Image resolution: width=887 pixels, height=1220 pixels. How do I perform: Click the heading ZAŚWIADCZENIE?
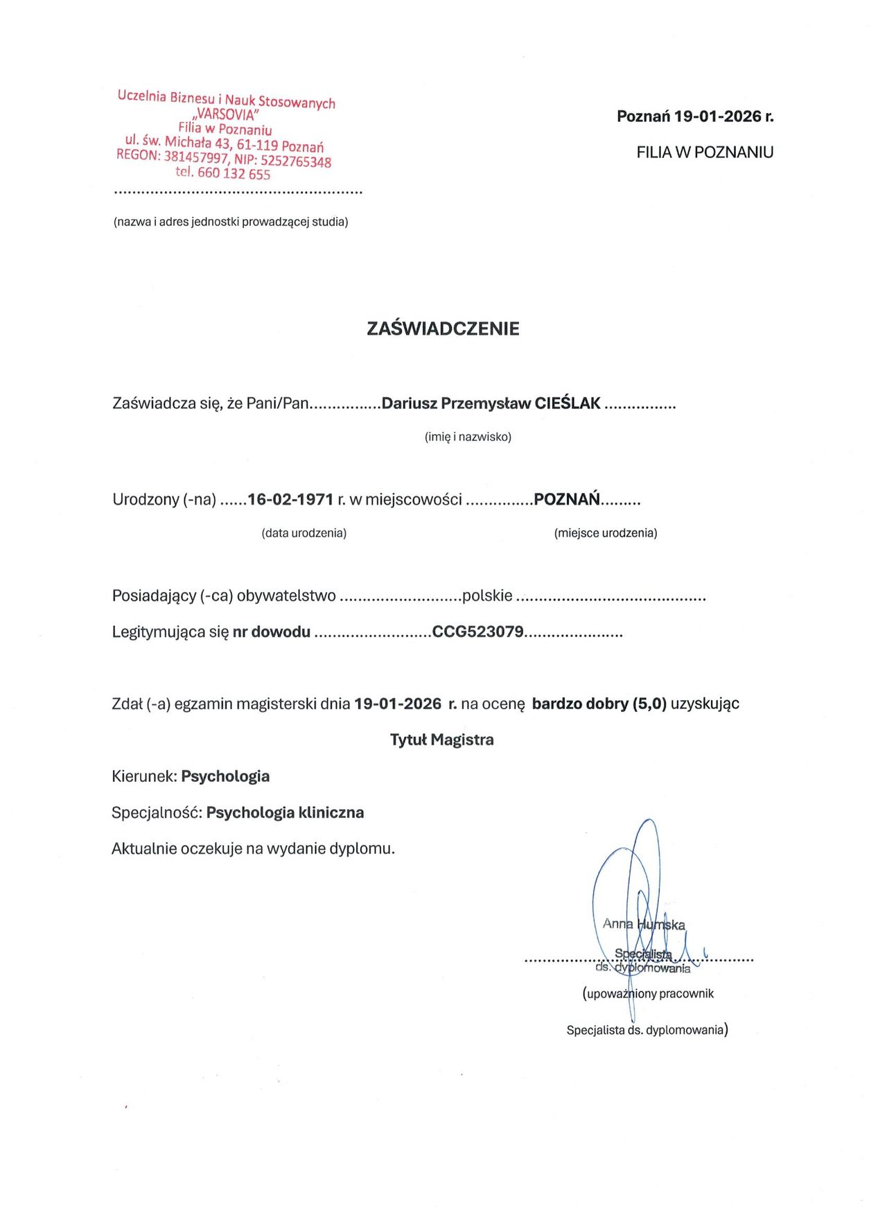(x=443, y=329)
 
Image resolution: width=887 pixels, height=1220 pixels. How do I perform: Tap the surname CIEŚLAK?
(x=568, y=403)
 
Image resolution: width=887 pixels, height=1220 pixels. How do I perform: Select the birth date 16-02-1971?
(x=290, y=499)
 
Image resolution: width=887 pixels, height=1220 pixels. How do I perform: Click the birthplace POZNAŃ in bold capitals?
(x=566, y=499)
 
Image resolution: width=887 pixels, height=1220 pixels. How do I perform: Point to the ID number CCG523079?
(x=477, y=631)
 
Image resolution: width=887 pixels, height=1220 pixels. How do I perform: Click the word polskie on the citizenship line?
(x=487, y=595)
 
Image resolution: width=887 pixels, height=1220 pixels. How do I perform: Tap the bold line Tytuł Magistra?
(x=442, y=740)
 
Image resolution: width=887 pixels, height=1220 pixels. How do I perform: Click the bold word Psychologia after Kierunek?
(x=225, y=776)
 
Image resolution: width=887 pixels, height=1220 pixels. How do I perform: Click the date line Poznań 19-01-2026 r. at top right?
(x=695, y=116)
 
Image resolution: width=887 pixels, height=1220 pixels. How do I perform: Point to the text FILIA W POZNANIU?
(x=705, y=152)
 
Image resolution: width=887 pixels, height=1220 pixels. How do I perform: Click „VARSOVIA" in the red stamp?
(x=227, y=114)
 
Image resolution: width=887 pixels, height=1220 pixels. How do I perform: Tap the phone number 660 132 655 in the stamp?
(x=234, y=173)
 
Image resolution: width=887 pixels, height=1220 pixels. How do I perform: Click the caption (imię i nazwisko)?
(x=468, y=437)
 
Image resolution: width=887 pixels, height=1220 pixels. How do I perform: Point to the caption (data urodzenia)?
(x=304, y=533)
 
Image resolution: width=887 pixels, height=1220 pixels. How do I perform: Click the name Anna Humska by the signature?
(x=644, y=924)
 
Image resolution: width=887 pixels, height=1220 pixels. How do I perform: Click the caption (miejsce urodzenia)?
(x=606, y=533)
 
